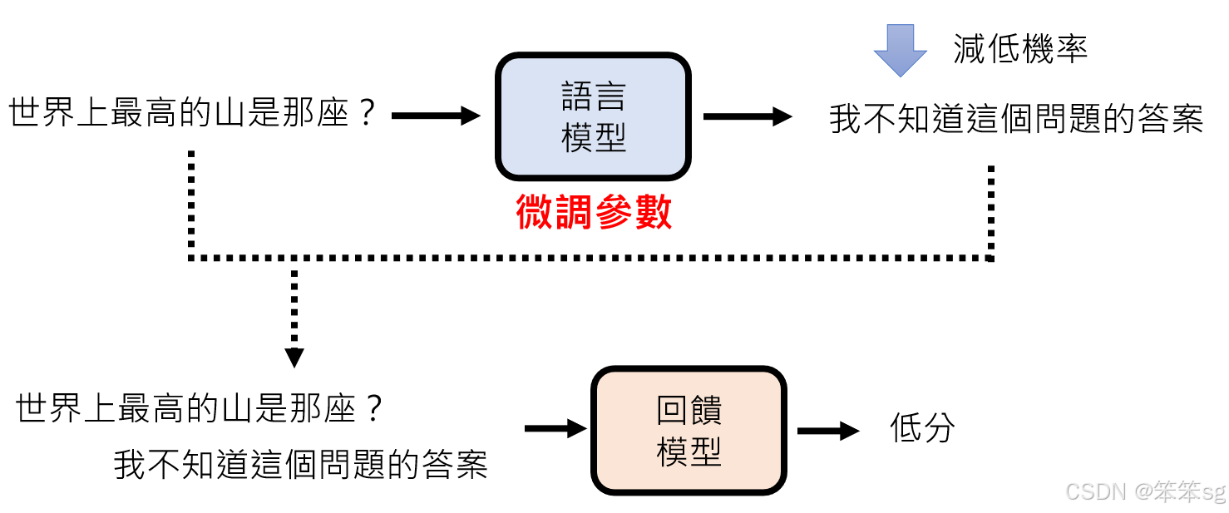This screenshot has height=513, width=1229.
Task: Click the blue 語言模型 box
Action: (593, 116)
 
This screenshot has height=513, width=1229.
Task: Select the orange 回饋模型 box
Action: (689, 430)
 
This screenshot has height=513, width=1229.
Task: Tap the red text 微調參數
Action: (594, 213)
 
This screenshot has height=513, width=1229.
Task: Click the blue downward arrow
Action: (900, 50)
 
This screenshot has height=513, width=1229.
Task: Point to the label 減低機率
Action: (1020, 50)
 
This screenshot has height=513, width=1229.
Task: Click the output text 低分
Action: (922, 429)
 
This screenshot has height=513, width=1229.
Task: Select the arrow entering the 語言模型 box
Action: (436, 116)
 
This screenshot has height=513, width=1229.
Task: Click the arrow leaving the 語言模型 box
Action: (748, 116)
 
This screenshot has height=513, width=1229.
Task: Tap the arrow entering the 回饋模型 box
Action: (555, 429)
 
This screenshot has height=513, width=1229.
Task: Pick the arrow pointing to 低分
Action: (827, 431)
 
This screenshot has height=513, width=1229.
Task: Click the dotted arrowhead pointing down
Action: (294, 358)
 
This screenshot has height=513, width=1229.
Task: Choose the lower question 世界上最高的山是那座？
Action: (200, 409)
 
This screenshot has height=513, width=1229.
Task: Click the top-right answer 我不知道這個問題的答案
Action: (1016, 120)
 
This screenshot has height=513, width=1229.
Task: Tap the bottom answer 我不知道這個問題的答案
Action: (301, 464)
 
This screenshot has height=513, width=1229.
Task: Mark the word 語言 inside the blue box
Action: (593, 97)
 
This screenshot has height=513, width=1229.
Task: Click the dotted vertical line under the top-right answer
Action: (990, 212)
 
